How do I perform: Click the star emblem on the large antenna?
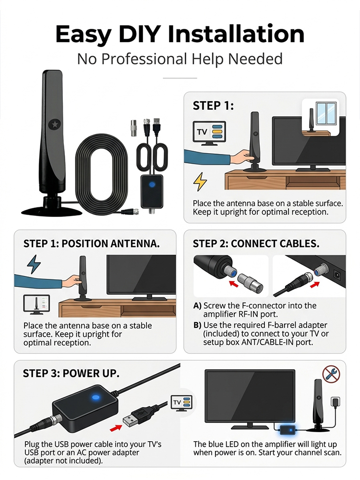pos(55,124)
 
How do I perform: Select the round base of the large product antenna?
pos(52,210)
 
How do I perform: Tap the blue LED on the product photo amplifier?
pos(152,185)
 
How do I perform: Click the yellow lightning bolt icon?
pos(200,182)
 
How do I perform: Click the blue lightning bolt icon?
pos(34,264)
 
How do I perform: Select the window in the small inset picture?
pos(325,113)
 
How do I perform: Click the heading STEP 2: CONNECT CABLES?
pos(256,244)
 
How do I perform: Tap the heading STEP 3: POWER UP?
pos(71,373)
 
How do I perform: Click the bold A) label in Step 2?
pos(197,305)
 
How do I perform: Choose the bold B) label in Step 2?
pos(197,325)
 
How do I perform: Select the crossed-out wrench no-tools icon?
pos(331,374)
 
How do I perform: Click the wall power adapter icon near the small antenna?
pos(335,401)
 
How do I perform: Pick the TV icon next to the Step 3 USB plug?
pos(182,403)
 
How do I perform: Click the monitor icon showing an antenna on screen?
pos(37,304)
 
